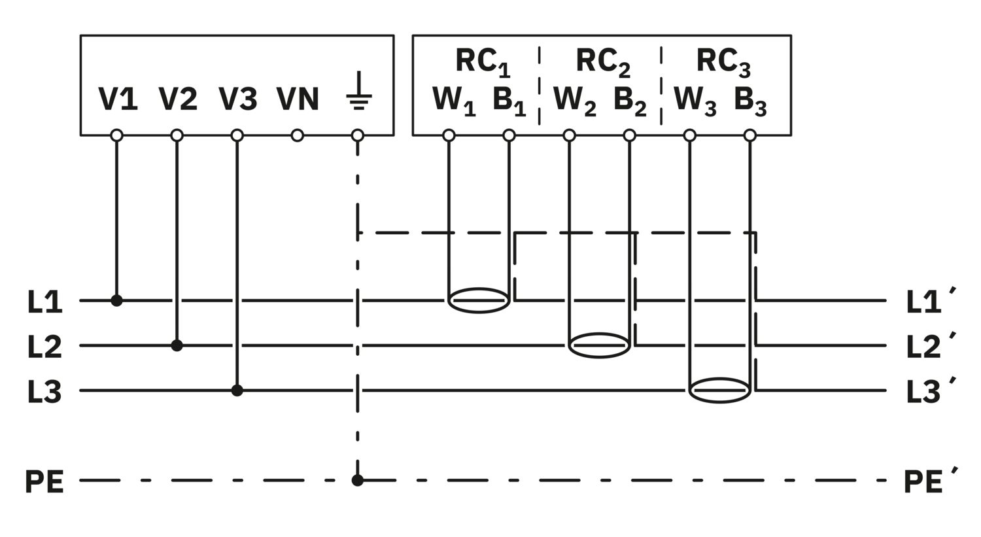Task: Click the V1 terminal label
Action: tap(118, 99)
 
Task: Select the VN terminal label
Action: tap(298, 99)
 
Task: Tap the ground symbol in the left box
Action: tap(358, 91)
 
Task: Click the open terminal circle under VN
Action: tap(298, 135)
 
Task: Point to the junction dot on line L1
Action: tap(116, 300)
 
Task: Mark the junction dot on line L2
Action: tap(177, 345)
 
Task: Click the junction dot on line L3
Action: tap(237, 390)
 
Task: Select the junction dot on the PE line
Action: tap(357, 480)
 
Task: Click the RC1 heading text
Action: tap(483, 61)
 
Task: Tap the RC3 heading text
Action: tap(723, 61)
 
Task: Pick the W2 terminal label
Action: tap(574, 100)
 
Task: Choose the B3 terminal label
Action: tap(749, 100)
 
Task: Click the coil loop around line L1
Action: tap(479, 300)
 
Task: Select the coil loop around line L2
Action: tap(600, 345)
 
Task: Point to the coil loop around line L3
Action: tap(720, 390)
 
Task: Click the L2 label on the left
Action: tap(44, 347)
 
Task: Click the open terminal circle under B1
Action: tap(509, 135)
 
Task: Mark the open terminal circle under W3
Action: tap(689, 135)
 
